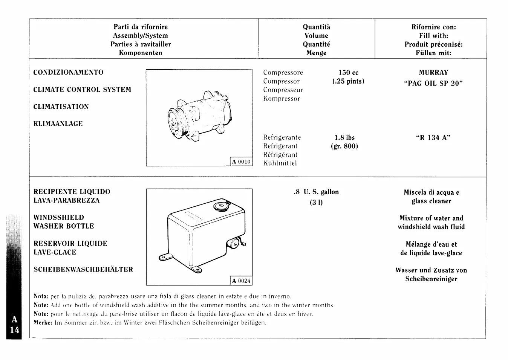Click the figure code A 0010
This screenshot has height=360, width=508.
(x=241, y=162)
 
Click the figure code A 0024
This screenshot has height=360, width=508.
(x=241, y=281)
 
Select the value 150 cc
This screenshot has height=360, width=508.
(x=348, y=73)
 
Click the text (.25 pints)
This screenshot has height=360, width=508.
(x=348, y=81)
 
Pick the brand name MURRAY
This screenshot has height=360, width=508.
(x=433, y=73)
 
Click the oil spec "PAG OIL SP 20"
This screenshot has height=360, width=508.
(x=433, y=84)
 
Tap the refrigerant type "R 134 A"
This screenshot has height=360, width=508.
(x=433, y=138)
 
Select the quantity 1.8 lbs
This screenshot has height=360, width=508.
(x=344, y=138)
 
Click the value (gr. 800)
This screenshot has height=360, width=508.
(x=342, y=146)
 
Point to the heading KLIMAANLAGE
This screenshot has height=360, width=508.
(x=58, y=124)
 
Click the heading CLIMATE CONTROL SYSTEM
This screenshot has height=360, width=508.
(x=82, y=90)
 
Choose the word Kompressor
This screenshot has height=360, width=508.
(x=282, y=99)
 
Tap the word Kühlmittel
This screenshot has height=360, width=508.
(x=280, y=163)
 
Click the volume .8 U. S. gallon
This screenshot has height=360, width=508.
(x=316, y=192)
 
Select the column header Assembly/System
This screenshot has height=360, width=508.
(x=141, y=36)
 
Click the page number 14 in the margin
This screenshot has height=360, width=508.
(x=14, y=330)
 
